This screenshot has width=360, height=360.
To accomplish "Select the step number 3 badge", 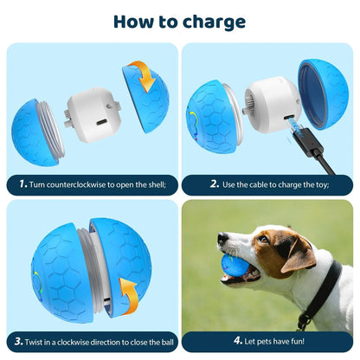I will (x=18, y=341).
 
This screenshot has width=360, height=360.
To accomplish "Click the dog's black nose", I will (x=222, y=235).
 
